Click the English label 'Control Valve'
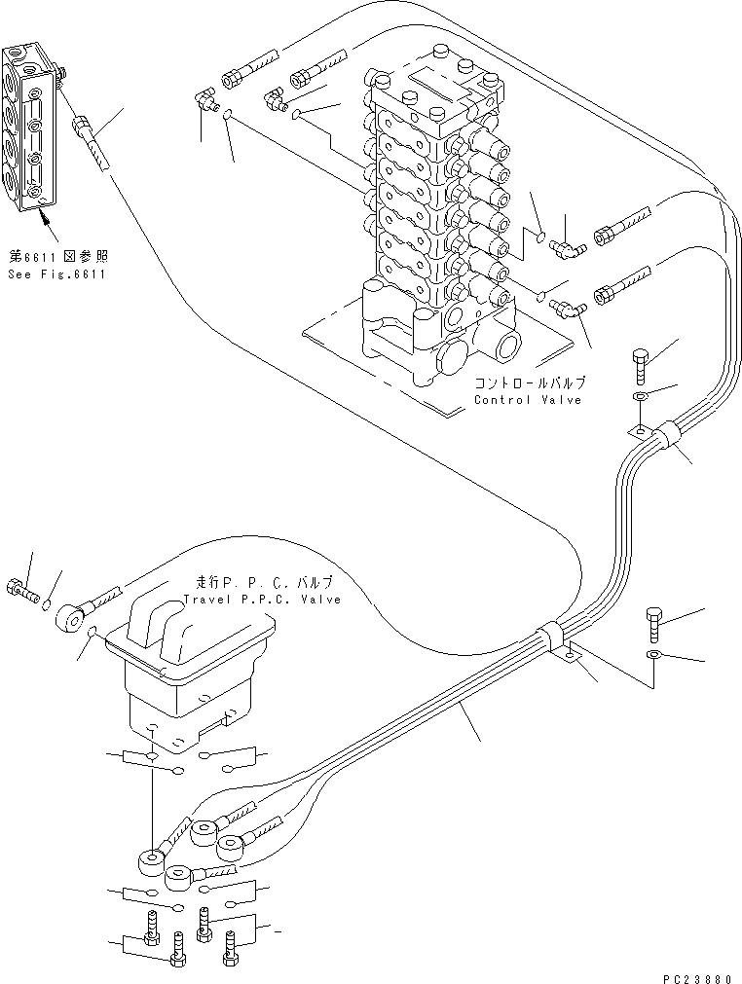click(527, 400)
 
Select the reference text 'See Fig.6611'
click(58, 274)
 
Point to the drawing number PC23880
click(692, 972)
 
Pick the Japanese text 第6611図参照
click(58, 258)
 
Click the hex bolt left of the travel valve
click(24, 589)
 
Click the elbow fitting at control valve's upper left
click(206, 101)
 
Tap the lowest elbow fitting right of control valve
click(565, 310)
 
